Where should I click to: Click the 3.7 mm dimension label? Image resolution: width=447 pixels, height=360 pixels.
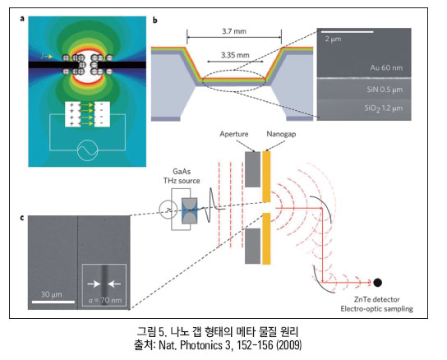(x=234, y=31)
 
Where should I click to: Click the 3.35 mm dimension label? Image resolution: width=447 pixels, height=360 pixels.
(x=235, y=55)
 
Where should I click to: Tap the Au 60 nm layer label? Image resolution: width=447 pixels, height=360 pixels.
(x=386, y=67)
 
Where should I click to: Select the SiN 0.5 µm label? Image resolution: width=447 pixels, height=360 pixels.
(x=385, y=90)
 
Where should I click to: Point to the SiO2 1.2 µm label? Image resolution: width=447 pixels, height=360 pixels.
(x=384, y=108)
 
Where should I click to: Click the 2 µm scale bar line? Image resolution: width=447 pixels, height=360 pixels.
(x=348, y=32)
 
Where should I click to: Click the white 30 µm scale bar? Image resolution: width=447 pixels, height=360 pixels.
(x=53, y=302)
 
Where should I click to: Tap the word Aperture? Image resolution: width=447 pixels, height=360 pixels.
(x=233, y=134)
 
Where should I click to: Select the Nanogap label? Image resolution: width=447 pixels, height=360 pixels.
(x=281, y=134)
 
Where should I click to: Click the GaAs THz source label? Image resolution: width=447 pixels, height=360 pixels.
(x=182, y=176)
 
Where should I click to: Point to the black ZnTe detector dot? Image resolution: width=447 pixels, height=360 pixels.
(x=377, y=283)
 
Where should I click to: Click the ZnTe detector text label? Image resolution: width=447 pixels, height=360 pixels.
(x=376, y=299)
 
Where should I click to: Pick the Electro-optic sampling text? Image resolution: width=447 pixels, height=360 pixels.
(x=376, y=309)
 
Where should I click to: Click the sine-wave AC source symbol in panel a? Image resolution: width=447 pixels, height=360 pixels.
(x=88, y=150)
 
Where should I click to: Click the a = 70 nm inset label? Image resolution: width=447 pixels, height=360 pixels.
(x=105, y=300)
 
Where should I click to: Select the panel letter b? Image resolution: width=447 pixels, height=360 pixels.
(x=155, y=21)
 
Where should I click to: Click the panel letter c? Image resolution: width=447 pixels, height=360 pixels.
(x=22, y=218)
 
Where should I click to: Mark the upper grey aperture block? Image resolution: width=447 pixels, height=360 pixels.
(x=252, y=169)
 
